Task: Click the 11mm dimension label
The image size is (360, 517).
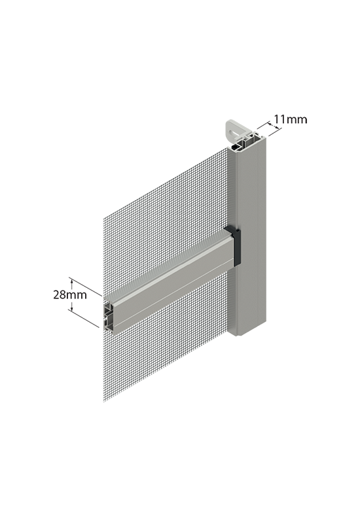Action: (291, 119)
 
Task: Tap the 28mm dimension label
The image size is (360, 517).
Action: (70, 294)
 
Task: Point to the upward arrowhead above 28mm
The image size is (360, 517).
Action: (71, 281)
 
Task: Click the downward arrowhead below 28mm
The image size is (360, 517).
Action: (71, 309)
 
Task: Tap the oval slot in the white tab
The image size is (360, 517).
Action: (234, 134)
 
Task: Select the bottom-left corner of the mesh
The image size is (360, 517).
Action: (104, 402)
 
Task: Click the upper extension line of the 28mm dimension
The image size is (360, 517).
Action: (86, 287)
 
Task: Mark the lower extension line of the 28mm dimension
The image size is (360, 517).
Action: (84, 319)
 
